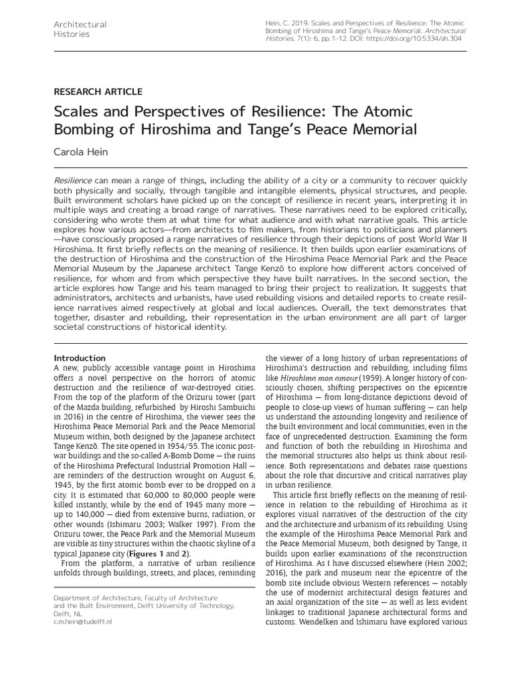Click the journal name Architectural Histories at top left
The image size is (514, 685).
click(x=80, y=29)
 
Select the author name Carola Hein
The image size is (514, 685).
click(x=82, y=153)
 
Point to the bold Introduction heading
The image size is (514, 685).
click(x=79, y=358)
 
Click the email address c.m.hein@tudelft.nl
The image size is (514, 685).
click(x=83, y=621)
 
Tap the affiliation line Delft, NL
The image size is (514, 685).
click(x=68, y=613)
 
